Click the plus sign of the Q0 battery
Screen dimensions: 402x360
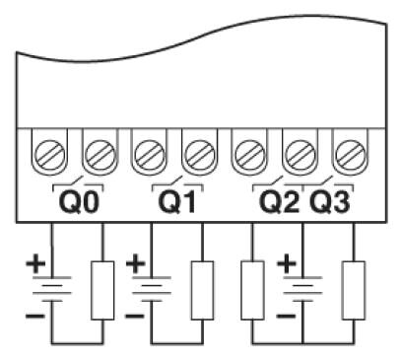click(35, 262)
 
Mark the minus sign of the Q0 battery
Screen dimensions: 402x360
click(35, 317)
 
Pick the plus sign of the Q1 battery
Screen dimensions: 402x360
click(136, 262)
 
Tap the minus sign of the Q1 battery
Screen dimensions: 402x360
click(135, 317)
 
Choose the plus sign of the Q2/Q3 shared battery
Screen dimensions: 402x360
click(287, 262)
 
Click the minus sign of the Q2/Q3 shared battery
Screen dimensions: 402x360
click(286, 317)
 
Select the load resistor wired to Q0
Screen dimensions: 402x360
click(102, 290)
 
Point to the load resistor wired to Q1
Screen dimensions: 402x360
click(202, 290)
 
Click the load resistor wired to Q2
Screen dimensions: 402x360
click(252, 290)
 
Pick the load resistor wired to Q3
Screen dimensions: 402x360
click(354, 290)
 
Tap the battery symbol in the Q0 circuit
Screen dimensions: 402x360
click(52, 289)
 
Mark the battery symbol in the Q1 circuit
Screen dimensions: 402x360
click(152, 289)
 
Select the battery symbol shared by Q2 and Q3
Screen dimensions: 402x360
click(302, 289)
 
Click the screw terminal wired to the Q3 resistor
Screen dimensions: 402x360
click(351, 155)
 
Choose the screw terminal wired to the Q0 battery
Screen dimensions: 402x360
click(50, 155)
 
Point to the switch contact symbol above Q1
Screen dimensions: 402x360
click(177, 184)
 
